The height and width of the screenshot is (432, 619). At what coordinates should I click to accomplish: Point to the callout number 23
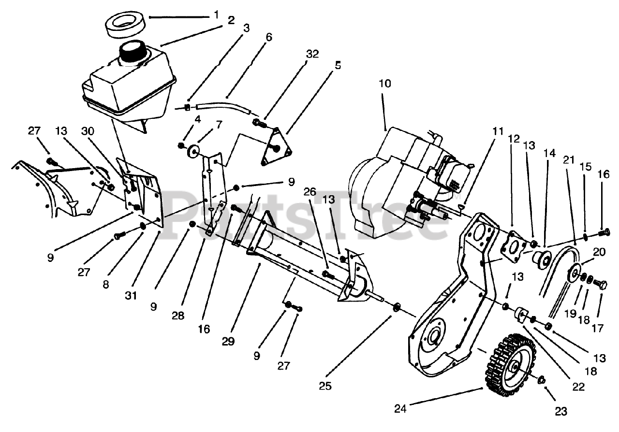pos(560,411)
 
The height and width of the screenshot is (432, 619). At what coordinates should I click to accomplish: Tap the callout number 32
pos(312,54)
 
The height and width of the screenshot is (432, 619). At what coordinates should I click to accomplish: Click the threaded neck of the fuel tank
pos(133,52)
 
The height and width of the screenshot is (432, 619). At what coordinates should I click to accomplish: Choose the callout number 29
pos(228,341)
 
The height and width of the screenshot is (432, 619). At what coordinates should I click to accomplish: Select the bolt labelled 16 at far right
pos(603,233)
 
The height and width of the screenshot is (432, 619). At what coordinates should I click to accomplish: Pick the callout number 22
pos(578,386)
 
